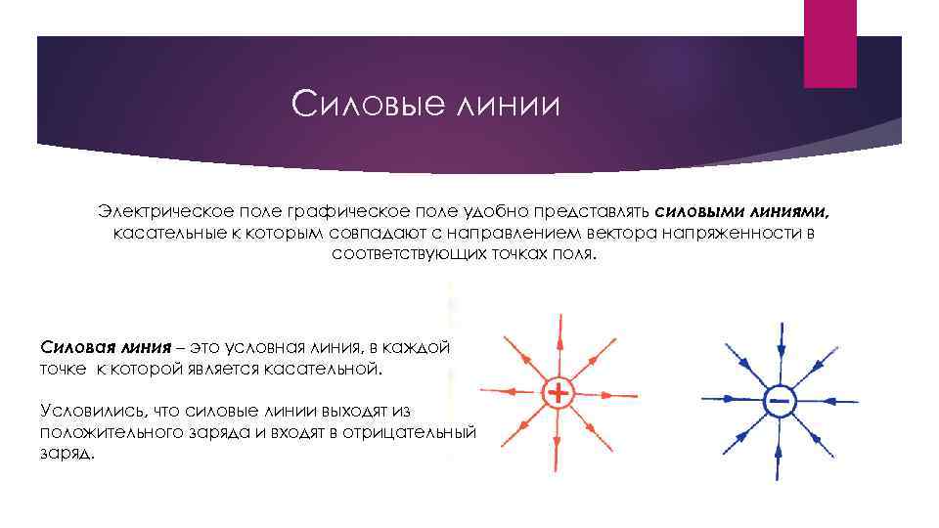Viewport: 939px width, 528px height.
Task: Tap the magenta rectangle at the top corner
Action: tap(830, 44)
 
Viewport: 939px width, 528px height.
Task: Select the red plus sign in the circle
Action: tap(557, 394)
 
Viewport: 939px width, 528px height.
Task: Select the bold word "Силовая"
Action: tap(77, 347)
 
